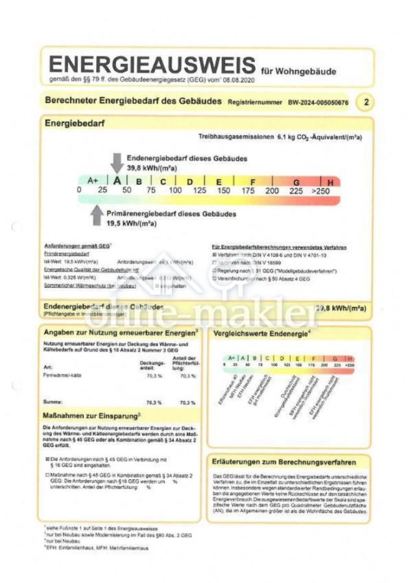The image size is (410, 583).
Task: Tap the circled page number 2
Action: pyautogui.click(x=367, y=102)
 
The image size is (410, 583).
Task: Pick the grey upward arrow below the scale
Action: pyautogui.click(x=96, y=215)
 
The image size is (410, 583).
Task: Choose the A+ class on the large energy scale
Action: pyautogui.click(x=93, y=181)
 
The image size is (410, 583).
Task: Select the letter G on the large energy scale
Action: pyautogui.click(x=296, y=182)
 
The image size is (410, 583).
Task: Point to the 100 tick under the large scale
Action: pyautogui.click(x=175, y=190)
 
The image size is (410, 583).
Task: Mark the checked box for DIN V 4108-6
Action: pyautogui.click(x=214, y=256)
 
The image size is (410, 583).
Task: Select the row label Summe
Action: pyautogui.click(x=52, y=402)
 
